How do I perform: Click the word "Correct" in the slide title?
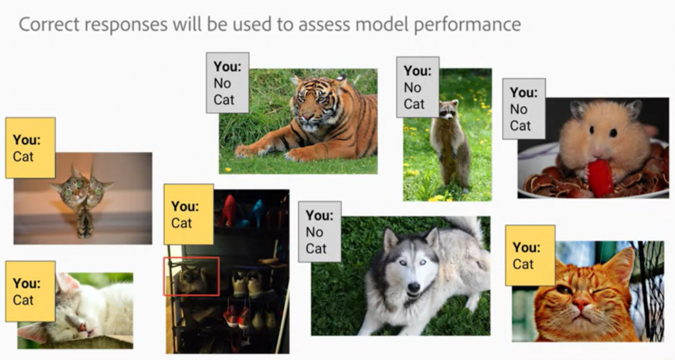[49, 24]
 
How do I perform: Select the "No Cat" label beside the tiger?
[227, 82]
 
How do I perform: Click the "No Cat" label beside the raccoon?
[417, 87]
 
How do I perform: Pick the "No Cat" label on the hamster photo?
[524, 109]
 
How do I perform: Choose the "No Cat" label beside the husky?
[320, 231]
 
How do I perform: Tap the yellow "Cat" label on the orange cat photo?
[530, 255]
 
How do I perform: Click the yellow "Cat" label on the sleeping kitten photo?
[30, 291]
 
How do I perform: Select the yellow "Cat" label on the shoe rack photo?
[189, 214]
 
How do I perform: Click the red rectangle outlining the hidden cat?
[191, 258]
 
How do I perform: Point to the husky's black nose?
[414, 287]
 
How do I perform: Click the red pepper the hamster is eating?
[600, 177]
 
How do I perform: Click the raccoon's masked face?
[448, 110]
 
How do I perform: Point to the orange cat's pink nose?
[582, 305]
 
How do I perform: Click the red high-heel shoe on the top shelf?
[228, 210]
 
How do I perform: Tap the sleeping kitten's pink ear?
[66, 282]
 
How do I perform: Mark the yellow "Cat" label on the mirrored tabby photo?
[30, 148]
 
